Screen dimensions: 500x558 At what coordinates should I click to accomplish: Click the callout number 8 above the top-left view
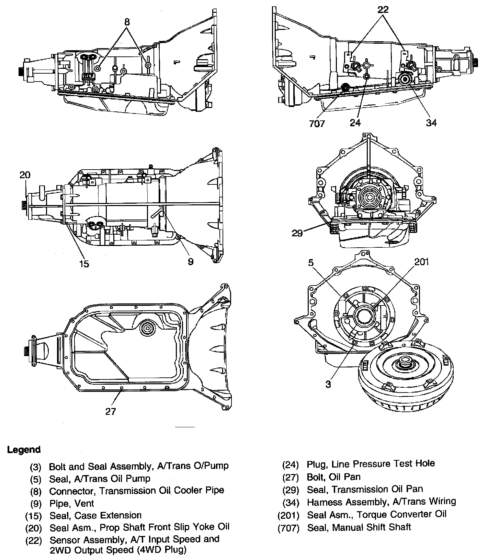[127, 22]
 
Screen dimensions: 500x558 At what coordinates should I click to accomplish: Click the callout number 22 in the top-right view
[383, 10]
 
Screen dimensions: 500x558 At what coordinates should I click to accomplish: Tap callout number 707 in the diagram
[317, 123]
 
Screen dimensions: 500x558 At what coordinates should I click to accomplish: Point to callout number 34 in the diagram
[431, 122]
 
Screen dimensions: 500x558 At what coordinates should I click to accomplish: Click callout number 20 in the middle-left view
[25, 175]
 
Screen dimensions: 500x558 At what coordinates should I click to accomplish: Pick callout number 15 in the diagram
[84, 264]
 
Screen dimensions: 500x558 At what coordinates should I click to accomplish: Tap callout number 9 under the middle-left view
[190, 262]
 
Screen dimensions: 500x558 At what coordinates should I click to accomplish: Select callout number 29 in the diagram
[297, 233]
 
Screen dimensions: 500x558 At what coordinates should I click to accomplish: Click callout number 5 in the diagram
[311, 263]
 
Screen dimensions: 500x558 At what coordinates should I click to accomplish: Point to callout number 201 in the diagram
[422, 262]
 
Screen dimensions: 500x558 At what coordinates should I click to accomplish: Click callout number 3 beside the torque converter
[328, 384]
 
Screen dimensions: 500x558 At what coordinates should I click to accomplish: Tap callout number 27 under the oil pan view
[111, 411]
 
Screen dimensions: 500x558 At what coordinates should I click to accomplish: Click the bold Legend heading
[24, 450]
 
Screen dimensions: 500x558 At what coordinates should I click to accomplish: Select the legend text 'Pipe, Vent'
[71, 504]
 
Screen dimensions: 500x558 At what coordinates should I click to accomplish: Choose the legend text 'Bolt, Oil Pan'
[334, 477]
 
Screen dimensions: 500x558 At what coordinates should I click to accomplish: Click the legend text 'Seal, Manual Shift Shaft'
[359, 527]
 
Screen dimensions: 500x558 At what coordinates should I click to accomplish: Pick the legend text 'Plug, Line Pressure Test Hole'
[371, 464]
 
